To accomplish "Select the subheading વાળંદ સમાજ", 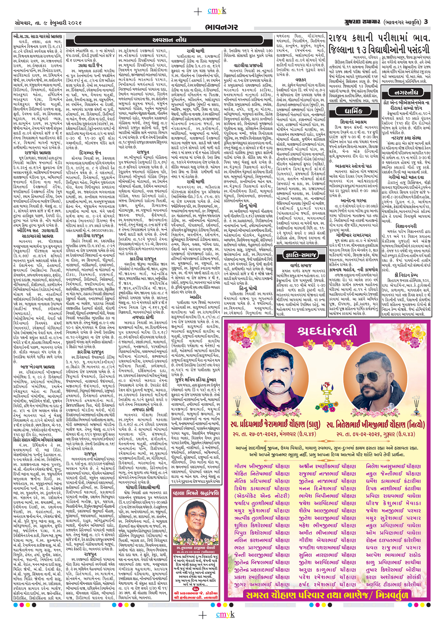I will [300, 265].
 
